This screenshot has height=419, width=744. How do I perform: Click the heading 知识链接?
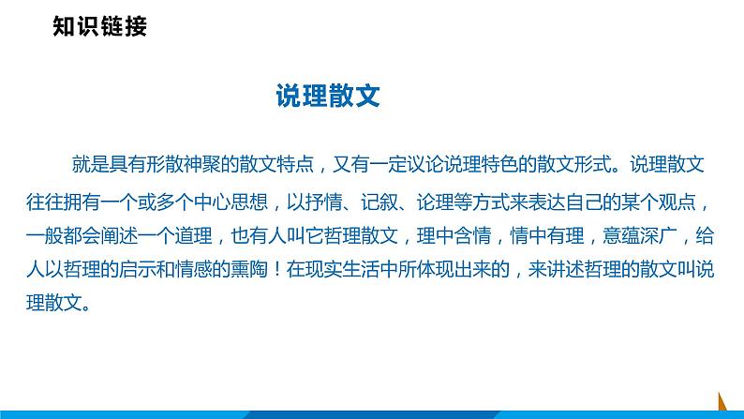click(100, 27)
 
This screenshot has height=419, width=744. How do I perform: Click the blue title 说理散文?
click(327, 96)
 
